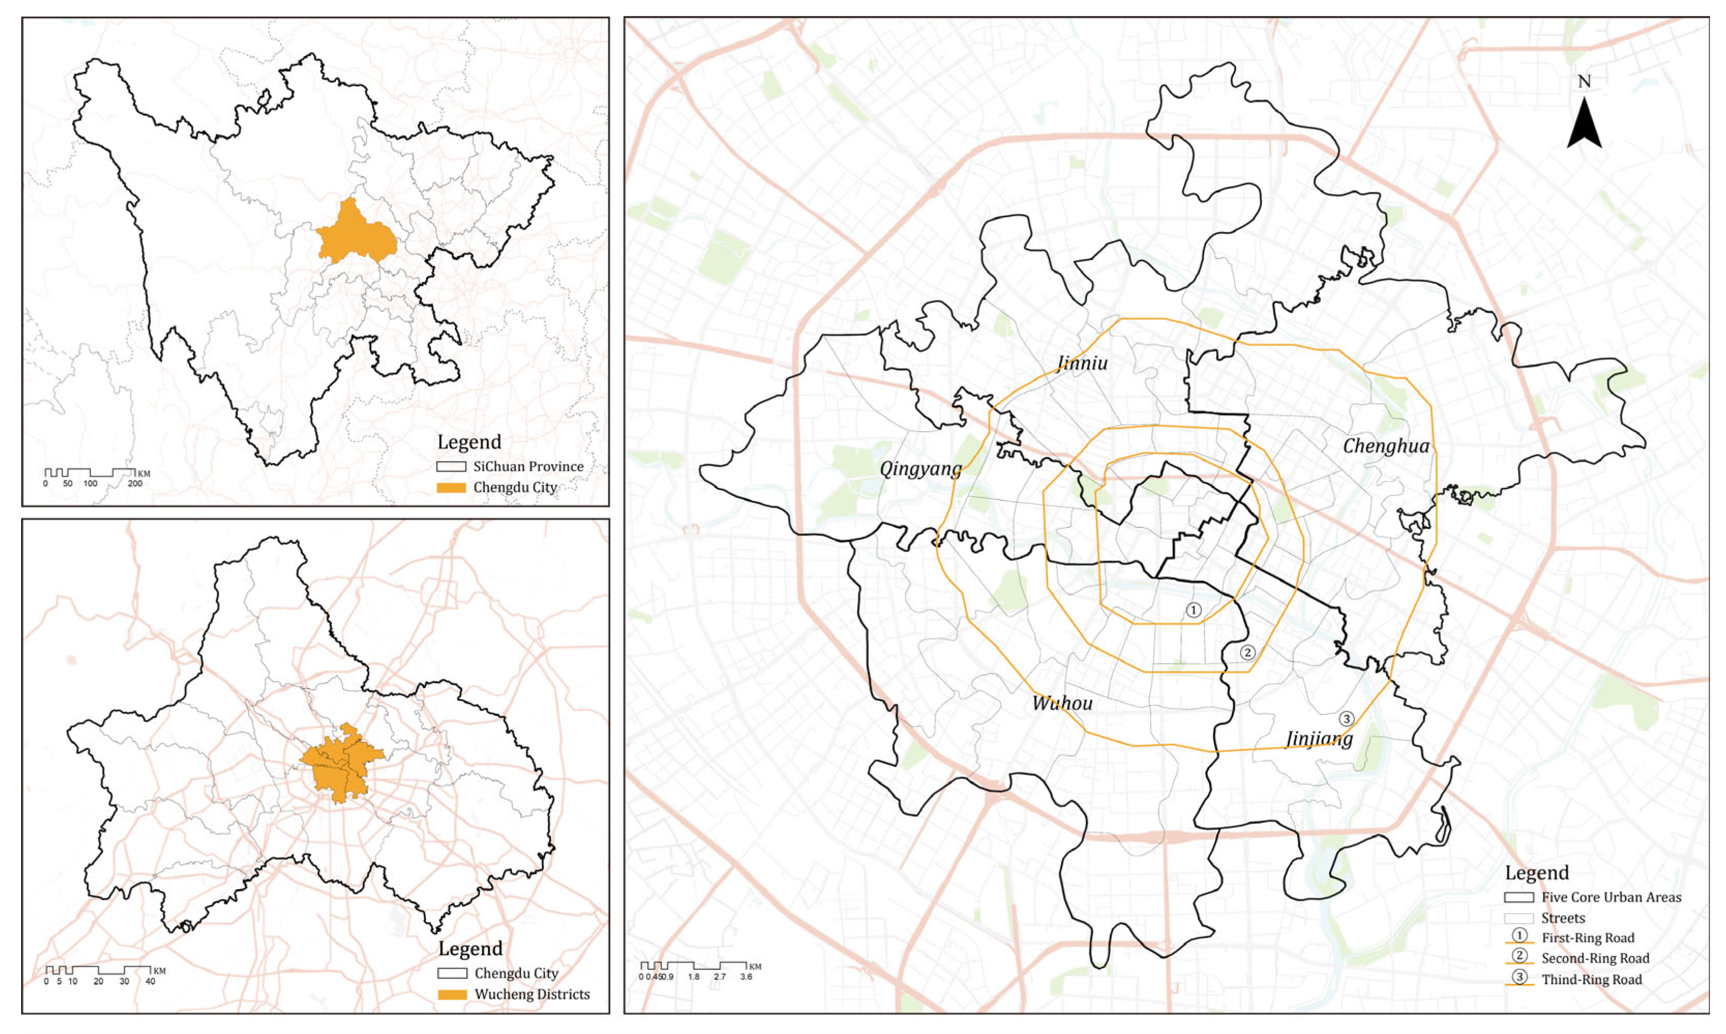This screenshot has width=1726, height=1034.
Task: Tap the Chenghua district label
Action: [1385, 447]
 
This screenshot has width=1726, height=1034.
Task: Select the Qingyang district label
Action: [920, 469]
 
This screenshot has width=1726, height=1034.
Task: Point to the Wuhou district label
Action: [1062, 703]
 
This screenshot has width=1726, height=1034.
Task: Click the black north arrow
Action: [1584, 126]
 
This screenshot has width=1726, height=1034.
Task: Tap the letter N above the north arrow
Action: [1584, 82]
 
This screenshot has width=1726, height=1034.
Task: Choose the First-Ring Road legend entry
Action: [1587, 938]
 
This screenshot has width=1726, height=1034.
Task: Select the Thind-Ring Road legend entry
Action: [1591, 980]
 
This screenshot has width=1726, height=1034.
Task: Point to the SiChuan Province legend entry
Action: [528, 467]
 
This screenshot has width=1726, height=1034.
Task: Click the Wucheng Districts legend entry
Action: [531, 994]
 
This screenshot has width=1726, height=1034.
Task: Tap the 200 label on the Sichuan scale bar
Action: [134, 483]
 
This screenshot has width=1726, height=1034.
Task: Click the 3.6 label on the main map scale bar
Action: [745, 977]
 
